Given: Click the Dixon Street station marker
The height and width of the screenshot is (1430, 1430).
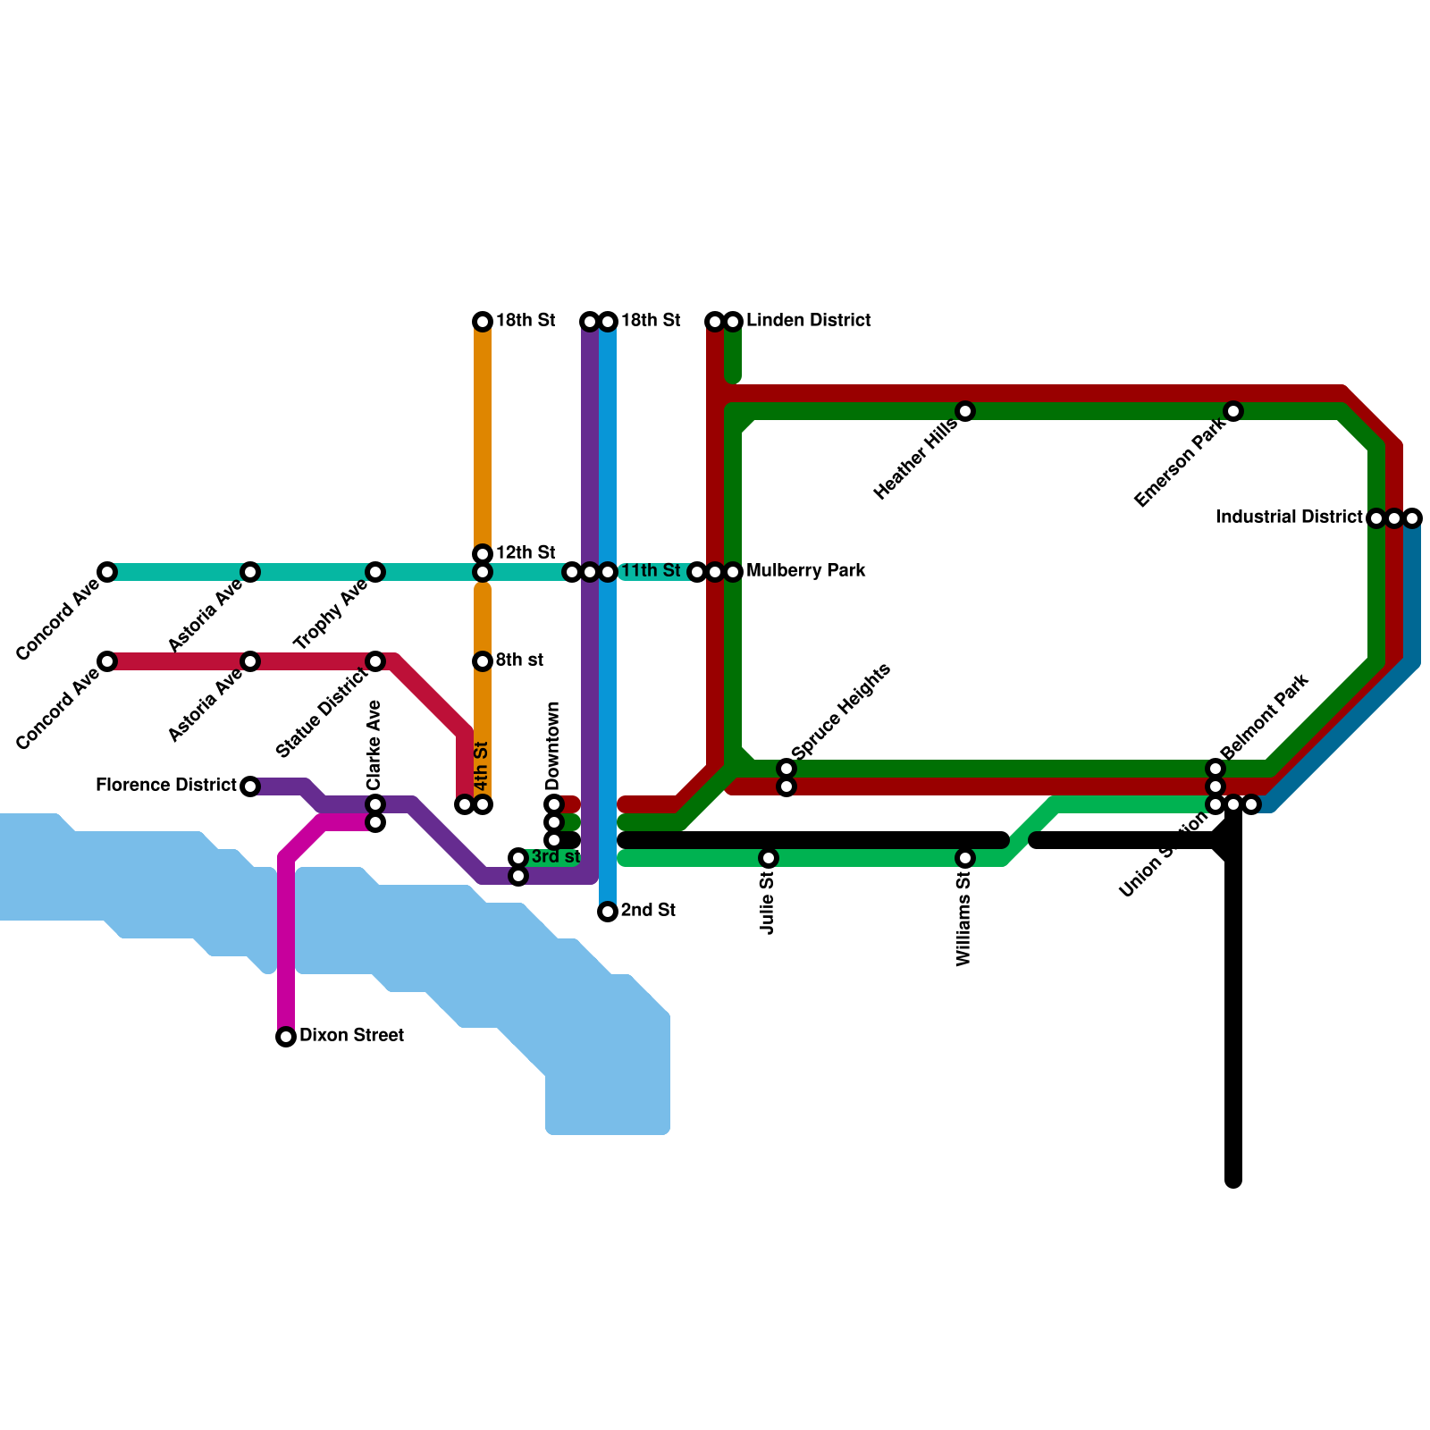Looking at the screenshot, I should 286,1037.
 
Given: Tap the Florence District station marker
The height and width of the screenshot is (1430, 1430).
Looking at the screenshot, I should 250,786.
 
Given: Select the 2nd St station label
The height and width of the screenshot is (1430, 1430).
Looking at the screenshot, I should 648,911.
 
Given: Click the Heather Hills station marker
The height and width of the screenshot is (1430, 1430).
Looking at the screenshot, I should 965,411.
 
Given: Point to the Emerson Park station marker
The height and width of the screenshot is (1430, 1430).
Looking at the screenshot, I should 1233,411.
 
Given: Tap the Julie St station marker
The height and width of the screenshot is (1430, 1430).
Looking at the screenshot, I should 769,858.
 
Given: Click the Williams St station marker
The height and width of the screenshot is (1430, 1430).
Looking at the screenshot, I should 965,858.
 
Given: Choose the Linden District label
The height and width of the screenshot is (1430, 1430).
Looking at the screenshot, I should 808,321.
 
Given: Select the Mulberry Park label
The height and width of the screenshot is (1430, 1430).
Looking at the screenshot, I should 805,571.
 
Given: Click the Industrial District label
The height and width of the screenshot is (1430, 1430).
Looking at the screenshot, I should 1289,517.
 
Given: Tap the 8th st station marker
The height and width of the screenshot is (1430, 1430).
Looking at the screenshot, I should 483,661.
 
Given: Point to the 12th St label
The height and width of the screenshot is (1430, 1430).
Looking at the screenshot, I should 526,552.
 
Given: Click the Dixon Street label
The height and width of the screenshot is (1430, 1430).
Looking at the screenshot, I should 351,1036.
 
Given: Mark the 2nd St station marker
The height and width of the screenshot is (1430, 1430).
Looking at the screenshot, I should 608,912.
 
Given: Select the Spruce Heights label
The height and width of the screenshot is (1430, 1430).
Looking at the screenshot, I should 841,711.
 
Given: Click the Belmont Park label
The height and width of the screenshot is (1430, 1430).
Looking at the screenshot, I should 1264,718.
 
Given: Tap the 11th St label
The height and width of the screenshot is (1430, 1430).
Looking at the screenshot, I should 651,571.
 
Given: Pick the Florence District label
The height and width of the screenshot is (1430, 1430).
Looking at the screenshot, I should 166,786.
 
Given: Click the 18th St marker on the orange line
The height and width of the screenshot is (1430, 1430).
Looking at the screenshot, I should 483,322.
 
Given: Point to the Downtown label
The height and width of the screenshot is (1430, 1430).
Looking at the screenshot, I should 553,745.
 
